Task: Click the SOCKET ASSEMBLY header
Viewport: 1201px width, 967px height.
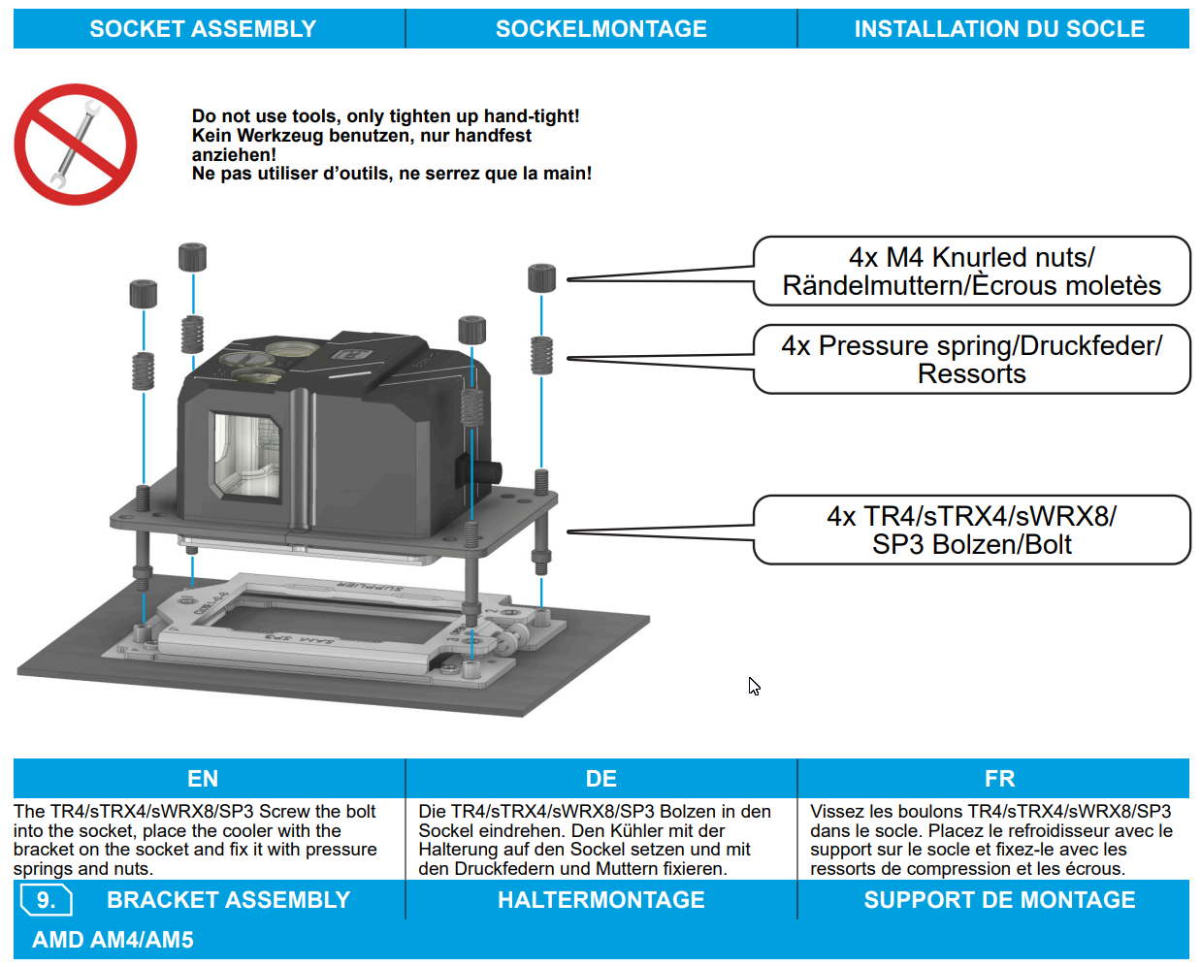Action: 203,29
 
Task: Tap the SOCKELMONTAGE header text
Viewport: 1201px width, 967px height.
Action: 601,29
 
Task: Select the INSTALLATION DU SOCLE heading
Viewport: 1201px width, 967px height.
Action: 999,29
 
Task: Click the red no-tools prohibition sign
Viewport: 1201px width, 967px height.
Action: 76,145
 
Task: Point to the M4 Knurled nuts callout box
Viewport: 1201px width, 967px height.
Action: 972,272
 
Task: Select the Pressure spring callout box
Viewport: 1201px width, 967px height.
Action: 972,359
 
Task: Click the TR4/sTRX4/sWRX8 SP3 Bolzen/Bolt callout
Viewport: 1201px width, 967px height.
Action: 972,531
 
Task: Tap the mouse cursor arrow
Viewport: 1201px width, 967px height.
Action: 754,687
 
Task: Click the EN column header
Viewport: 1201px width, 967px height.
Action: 203,779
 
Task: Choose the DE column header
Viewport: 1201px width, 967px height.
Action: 601,779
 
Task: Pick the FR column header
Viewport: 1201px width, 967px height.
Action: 999,779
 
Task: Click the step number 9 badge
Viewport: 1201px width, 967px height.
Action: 47,900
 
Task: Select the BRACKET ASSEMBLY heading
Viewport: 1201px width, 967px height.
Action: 228,900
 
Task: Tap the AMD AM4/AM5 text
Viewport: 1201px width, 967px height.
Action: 113,940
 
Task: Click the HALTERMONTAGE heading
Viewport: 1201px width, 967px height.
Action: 601,900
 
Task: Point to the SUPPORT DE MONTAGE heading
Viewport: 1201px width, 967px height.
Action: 999,900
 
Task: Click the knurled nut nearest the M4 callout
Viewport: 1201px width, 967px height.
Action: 541,278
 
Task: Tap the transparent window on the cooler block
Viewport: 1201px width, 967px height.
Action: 245,455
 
